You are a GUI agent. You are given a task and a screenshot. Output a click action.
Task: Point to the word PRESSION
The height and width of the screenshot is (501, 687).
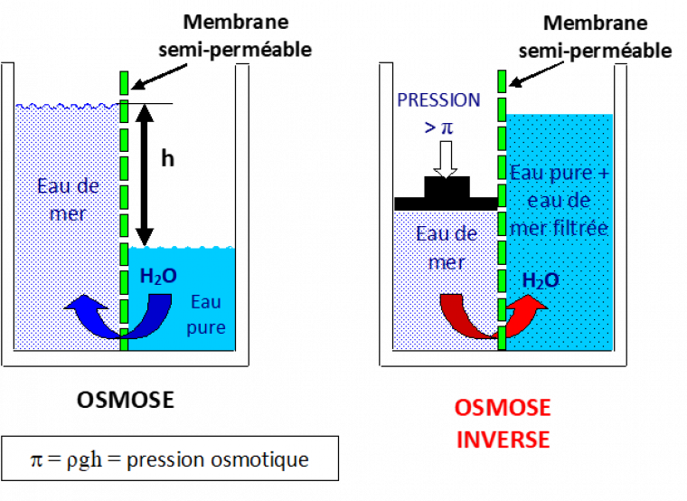(438, 99)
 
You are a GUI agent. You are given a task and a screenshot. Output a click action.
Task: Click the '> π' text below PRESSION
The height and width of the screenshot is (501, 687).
(438, 127)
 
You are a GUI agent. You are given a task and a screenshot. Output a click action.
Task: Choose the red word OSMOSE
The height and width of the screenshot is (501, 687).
(503, 408)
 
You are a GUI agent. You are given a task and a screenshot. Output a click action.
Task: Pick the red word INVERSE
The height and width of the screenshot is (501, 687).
(503, 440)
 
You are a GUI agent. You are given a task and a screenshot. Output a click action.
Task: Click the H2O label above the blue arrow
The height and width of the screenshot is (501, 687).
(158, 277)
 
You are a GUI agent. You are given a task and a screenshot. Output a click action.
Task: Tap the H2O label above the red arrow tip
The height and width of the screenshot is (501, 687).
(541, 280)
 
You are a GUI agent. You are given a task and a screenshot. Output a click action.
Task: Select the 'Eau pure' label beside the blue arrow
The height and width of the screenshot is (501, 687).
(206, 315)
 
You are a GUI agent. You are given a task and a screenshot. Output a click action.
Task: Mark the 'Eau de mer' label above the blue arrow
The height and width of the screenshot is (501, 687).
(68, 199)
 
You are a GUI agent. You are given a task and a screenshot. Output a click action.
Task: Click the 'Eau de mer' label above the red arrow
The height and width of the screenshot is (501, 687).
(447, 247)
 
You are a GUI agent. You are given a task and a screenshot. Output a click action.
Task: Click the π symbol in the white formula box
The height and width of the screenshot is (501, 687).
(36, 459)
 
